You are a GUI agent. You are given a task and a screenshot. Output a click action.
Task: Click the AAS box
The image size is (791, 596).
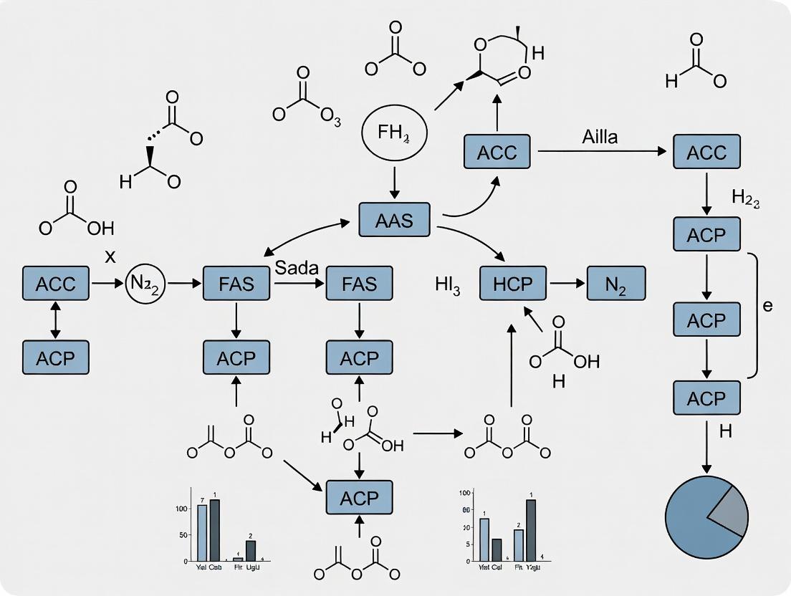(394, 220)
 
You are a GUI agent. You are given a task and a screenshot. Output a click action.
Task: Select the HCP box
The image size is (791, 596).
(513, 283)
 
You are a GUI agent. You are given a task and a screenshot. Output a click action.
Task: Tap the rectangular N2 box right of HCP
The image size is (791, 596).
(616, 283)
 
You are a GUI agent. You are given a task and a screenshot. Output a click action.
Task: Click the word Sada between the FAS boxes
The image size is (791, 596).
(297, 267)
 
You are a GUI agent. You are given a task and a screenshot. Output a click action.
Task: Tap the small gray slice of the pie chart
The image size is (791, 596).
(730, 511)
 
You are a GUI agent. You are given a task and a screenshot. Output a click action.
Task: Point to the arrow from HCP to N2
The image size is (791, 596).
(567, 283)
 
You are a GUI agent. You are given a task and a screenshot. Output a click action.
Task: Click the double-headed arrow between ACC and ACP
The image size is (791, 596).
(55, 320)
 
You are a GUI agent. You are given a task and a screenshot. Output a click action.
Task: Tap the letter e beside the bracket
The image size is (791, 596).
(767, 307)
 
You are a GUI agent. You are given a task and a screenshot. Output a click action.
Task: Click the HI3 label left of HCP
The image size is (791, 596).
(447, 285)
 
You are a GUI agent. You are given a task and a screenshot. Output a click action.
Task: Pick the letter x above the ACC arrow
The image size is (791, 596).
(110, 257)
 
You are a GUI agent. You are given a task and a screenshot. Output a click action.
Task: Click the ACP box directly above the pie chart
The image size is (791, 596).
(706, 398)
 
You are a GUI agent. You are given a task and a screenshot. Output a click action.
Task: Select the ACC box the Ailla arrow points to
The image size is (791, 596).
(706, 153)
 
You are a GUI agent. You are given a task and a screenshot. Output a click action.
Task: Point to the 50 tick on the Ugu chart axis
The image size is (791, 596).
(184, 535)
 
